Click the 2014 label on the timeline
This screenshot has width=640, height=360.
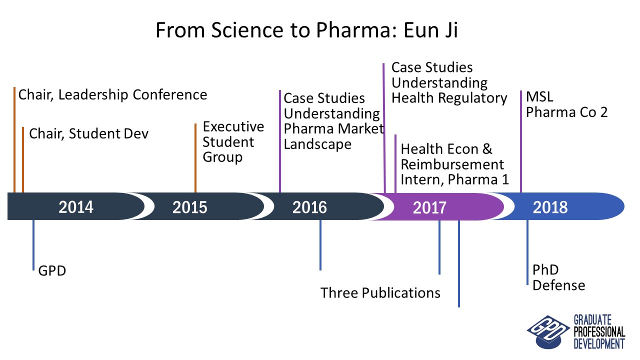76,206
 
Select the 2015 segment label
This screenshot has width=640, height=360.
189,206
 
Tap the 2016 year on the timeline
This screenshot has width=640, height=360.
309,206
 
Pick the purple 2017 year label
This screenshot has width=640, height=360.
429,206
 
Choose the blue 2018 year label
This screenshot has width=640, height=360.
550,206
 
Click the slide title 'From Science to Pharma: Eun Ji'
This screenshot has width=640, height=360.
306,30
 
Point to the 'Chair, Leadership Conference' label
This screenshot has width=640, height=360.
112,94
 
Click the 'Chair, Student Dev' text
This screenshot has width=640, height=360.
89,133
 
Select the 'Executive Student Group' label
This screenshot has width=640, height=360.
233,141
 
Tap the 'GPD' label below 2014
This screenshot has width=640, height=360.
52,271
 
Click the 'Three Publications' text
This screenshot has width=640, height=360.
380,292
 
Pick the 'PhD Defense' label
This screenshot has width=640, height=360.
558,277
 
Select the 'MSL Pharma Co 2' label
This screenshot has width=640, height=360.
566,104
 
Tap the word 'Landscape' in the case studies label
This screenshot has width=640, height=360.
317,144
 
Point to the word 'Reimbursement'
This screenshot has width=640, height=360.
452,164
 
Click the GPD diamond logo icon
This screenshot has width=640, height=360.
541,330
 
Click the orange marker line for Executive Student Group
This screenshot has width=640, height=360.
195,157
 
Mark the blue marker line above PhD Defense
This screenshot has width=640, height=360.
527,252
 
